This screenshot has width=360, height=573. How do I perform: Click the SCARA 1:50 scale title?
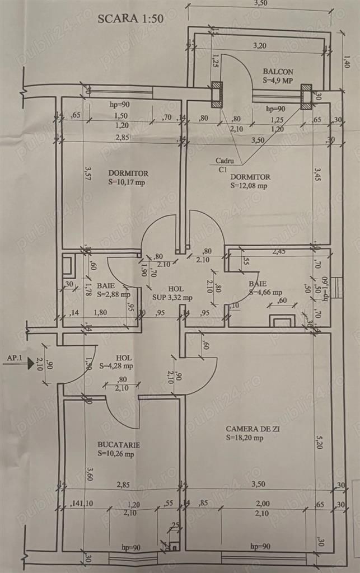coord(130,18)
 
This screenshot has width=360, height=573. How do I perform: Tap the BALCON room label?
coord(278,72)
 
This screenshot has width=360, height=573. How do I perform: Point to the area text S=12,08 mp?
coord(249,185)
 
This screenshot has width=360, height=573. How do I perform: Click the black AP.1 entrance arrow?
coord(29,364)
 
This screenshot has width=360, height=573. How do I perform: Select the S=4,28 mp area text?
coord(116,366)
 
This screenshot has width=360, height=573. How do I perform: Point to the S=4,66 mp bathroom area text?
coord(265,292)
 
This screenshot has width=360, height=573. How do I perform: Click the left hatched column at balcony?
coord(217,95)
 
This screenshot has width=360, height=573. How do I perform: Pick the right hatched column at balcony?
coord(306,97)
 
